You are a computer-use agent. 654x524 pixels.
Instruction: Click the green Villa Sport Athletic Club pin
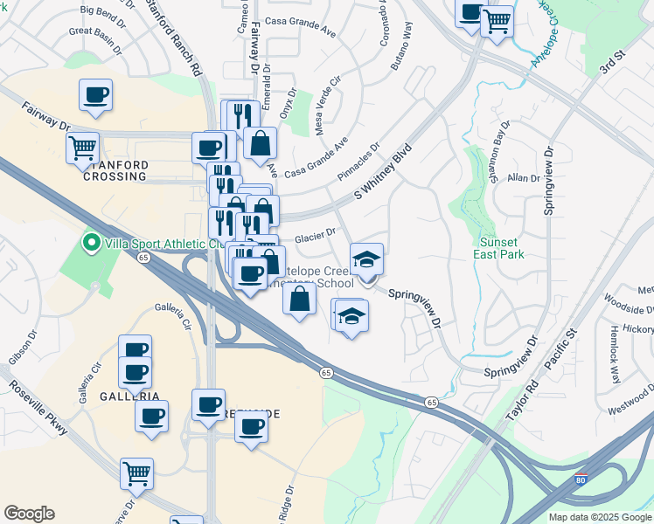click(88, 242)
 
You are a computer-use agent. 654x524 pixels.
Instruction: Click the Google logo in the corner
click(29, 514)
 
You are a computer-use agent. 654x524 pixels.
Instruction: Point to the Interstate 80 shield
click(582, 479)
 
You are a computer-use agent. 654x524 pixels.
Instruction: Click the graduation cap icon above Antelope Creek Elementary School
click(366, 259)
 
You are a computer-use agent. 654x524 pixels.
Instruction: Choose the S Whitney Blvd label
click(382, 172)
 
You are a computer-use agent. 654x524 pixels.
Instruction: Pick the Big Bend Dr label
click(103, 10)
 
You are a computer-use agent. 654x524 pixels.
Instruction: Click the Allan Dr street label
click(524, 178)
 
